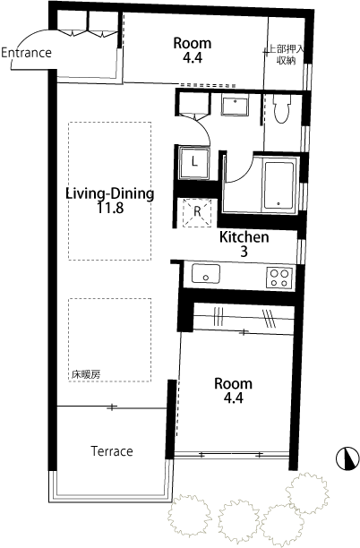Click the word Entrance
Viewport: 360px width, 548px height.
(26, 53)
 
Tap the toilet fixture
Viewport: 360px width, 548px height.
(281, 109)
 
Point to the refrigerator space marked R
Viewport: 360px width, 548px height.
(197, 210)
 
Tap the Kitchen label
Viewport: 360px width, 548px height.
(244, 237)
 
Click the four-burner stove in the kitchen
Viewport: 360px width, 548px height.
(278, 277)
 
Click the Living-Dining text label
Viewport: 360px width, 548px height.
(110, 193)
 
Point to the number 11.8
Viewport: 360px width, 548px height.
(110, 209)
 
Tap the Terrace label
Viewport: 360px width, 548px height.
(111, 451)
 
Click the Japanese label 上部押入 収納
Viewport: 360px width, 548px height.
(286, 55)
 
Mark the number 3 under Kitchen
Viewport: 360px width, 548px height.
(244, 253)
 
